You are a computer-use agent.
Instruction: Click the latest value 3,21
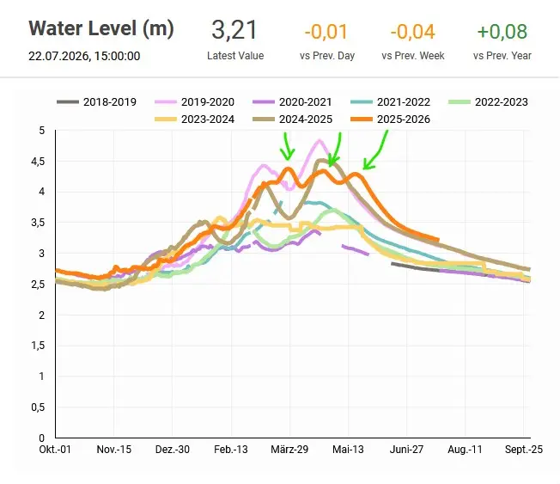point(234,30)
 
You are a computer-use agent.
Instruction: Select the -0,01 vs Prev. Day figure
point(326,32)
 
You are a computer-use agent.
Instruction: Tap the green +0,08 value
point(502,32)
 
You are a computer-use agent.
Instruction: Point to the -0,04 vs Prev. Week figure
point(413,32)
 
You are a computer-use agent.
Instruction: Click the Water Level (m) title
point(101,28)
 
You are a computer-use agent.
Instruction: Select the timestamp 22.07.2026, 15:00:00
point(84,56)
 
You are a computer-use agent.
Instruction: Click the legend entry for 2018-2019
point(97,102)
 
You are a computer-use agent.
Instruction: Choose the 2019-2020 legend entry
point(195,102)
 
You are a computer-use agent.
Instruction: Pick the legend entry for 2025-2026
point(390,119)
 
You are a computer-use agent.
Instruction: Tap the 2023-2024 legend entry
point(195,119)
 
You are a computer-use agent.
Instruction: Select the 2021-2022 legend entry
point(390,102)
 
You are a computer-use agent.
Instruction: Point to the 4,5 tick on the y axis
point(38,162)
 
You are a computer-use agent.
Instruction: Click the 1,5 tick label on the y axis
point(38,346)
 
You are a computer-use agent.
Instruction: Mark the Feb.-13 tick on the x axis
point(231,450)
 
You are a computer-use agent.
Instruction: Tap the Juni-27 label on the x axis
point(406,450)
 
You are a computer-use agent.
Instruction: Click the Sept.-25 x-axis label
point(524,450)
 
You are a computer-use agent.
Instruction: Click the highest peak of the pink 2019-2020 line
point(320,140)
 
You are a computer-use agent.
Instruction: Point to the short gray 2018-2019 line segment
point(415,267)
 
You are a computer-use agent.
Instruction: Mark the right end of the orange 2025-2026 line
point(438,240)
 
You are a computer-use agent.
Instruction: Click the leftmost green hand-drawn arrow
point(287,147)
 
